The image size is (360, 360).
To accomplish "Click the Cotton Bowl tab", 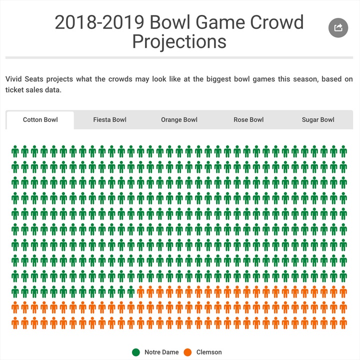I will click(40, 120).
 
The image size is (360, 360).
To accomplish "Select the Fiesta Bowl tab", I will click(109, 120).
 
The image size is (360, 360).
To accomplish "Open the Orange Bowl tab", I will click(179, 120).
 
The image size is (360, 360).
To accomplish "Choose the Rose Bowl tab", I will click(248, 120).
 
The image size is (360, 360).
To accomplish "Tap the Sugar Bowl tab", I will click(318, 120).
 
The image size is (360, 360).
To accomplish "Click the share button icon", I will click(338, 27).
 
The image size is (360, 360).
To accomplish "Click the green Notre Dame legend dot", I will click(136, 352).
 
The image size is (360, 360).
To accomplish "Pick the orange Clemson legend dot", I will click(188, 352).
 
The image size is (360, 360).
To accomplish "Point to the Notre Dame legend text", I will click(161, 352).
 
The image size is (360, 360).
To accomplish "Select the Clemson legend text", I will click(209, 352).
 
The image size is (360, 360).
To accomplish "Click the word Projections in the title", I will click(179, 41).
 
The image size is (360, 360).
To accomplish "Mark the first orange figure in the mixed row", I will click(141, 291).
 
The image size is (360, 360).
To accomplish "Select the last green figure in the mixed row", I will click(131, 291).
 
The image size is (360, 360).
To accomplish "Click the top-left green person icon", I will click(15, 151).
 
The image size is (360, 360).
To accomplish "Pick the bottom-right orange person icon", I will click(343, 322).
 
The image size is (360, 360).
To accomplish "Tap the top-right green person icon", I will click(343, 151).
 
